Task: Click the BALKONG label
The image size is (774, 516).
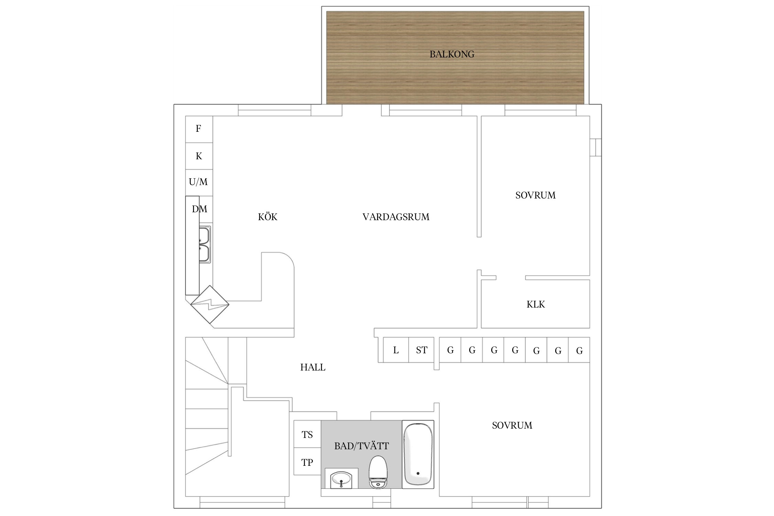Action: [452, 54]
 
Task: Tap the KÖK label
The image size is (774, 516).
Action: [268, 217]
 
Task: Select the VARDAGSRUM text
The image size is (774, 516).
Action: [396, 217]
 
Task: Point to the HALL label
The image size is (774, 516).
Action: [313, 367]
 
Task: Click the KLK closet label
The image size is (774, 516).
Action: [536, 304]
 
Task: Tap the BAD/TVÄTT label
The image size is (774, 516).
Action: [362, 446]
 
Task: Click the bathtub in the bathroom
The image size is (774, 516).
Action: [418, 454]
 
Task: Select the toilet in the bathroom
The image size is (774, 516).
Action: [378, 472]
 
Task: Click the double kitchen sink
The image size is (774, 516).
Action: [205, 245]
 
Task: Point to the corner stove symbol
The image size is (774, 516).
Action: [210, 304]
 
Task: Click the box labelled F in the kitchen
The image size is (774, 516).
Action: [199, 129]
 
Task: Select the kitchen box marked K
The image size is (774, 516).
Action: [199, 156]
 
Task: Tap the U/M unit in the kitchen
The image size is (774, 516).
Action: [199, 182]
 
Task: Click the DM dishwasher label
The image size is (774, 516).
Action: [200, 209]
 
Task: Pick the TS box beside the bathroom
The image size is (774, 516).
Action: [307, 434]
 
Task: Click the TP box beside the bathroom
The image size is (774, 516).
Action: [307, 462]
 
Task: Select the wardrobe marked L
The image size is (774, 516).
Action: [396, 350]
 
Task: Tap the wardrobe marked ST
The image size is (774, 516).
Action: [421, 350]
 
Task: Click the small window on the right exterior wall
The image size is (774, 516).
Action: [596, 147]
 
